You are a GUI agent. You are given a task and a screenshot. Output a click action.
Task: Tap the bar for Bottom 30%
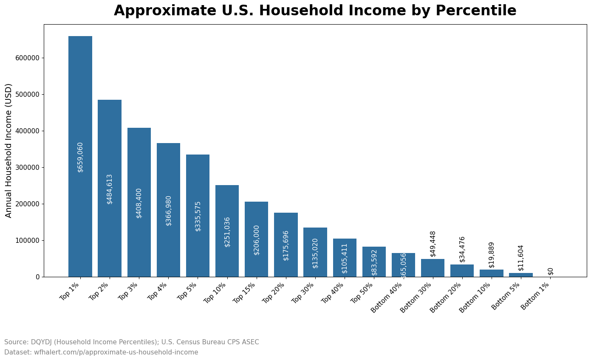(433, 268)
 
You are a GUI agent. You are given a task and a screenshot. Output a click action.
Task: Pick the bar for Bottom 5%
(520, 275)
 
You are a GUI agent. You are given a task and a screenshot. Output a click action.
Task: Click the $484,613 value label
(110, 189)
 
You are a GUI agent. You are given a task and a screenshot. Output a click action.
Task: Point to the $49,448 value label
(433, 244)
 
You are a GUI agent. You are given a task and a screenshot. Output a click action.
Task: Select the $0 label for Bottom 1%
(551, 271)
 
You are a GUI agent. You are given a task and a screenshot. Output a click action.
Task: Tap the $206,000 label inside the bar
(257, 240)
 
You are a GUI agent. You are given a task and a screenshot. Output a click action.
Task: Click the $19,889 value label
(492, 255)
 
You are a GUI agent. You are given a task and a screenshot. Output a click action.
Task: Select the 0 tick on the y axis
(38, 277)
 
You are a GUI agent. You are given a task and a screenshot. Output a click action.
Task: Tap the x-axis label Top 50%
(361, 293)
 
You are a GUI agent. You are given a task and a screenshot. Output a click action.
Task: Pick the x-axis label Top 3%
(127, 291)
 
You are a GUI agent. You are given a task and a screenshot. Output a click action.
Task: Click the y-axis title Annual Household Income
(9, 150)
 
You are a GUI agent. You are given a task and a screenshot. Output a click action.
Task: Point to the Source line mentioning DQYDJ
(131, 342)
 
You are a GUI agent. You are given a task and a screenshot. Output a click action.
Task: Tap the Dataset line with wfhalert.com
(101, 352)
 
